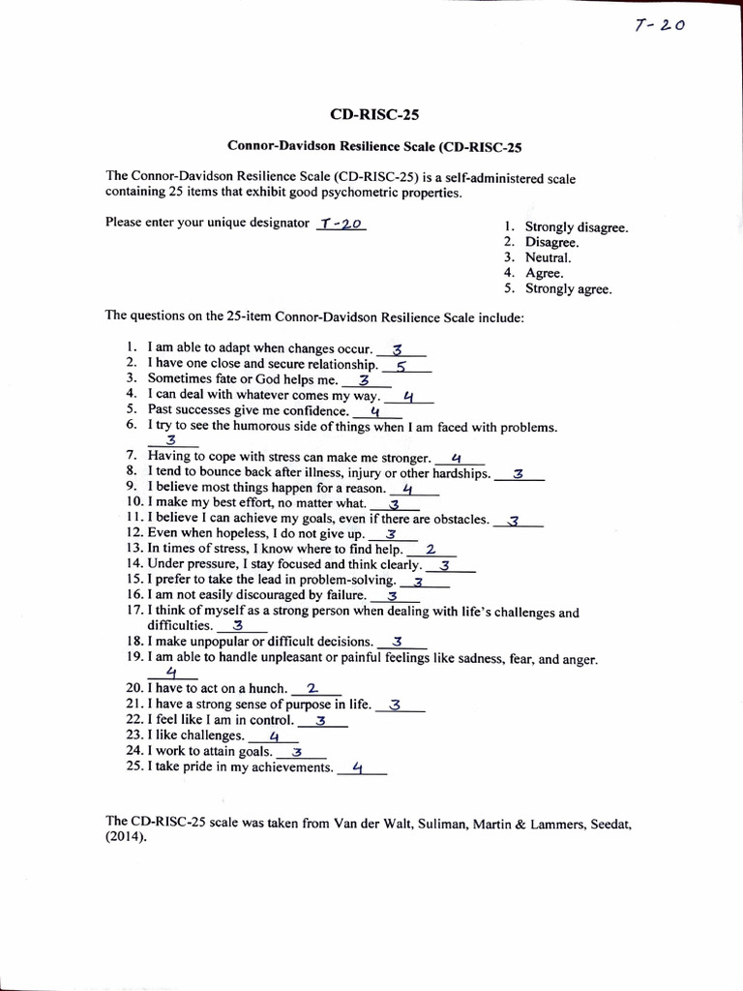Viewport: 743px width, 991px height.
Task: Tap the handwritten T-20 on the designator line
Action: pyautogui.click(x=339, y=224)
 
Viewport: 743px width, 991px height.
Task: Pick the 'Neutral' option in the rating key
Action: pyautogui.click(x=548, y=258)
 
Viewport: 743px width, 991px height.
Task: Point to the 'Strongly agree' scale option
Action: pyautogui.click(x=568, y=288)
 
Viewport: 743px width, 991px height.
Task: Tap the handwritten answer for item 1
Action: pyautogui.click(x=398, y=349)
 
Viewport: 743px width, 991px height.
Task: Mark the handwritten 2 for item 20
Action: pyautogui.click(x=312, y=689)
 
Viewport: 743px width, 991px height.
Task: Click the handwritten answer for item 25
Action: pyautogui.click(x=358, y=768)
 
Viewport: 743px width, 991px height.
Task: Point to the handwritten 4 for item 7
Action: pyautogui.click(x=456, y=459)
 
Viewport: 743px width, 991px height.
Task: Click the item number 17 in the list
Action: pyautogui.click(x=134, y=612)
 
